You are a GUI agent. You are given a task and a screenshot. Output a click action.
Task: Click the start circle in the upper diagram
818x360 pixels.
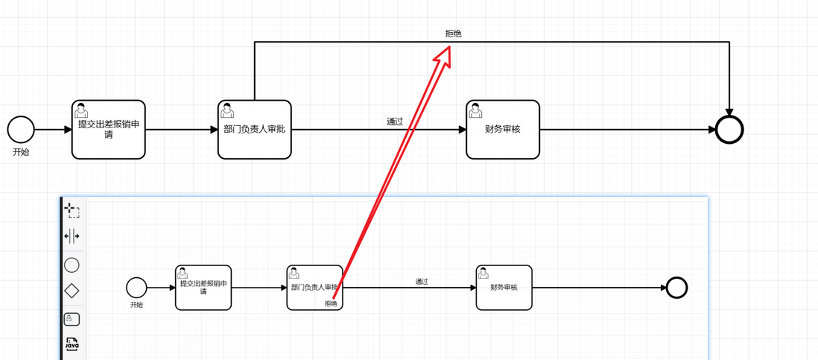tap(21, 129)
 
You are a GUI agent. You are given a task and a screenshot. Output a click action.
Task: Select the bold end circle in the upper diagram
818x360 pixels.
tap(729, 130)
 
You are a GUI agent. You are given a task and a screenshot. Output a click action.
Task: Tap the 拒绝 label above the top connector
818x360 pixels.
tap(453, 34)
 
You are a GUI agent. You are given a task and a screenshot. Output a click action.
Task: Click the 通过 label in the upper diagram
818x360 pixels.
tap(395, 121)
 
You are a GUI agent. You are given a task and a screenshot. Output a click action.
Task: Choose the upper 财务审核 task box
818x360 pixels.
tap(503, 130)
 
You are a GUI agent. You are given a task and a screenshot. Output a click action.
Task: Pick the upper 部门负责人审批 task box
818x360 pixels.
tap(254, 130)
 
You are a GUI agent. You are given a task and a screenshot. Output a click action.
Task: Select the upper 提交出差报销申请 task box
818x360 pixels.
tap(109, 130)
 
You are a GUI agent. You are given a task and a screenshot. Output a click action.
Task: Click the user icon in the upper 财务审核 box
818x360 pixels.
tap(475, 111)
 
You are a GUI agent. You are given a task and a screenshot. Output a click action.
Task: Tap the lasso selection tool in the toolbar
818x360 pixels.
tap(72, 210)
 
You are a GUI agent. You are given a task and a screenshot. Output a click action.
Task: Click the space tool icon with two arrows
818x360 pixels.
tap(72, 237)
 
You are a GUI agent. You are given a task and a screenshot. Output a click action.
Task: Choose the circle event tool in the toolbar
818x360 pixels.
tap(72, 265)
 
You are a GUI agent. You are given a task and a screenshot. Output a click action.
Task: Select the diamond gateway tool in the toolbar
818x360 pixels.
tap(72, 291)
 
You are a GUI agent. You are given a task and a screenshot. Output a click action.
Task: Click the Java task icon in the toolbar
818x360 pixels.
tap(72, 344)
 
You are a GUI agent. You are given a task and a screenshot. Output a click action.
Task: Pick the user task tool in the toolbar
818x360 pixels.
tap(72, 319)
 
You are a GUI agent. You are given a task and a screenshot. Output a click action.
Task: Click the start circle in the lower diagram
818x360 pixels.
tap(136, 287)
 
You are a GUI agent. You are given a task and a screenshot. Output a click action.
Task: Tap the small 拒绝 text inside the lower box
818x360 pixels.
tap(331, 303)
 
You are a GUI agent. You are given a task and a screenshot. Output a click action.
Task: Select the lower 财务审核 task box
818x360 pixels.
tap(504, 288)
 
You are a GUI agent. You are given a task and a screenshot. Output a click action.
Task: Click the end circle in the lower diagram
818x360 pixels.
tap(676, 288)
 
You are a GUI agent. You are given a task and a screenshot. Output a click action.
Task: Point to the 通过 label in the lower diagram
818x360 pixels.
tap(422, 281)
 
